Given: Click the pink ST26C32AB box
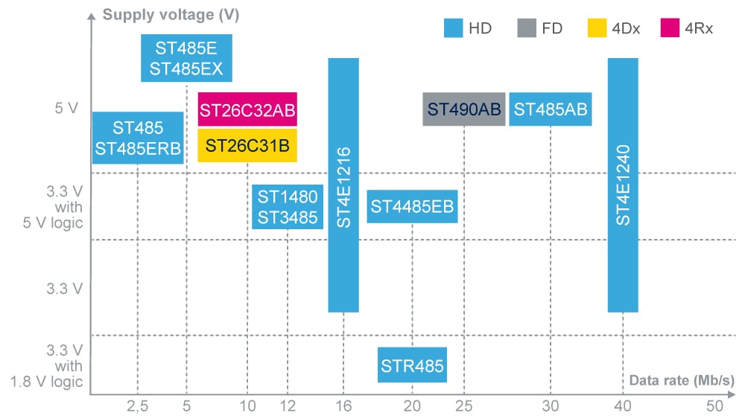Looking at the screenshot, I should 247,110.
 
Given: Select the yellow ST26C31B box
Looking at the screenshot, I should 247,145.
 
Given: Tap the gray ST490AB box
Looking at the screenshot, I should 463,109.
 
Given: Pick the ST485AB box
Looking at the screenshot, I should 551,109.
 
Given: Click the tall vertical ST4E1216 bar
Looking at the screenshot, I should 343,185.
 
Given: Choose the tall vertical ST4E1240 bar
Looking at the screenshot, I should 623,185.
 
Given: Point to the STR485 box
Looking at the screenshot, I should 412,365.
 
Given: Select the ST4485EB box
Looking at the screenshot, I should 412,206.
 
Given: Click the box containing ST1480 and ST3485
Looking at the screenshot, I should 288,207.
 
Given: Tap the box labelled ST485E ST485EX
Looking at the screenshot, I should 186,59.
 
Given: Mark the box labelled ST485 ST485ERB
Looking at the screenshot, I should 138,138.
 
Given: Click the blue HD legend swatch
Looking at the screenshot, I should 454,29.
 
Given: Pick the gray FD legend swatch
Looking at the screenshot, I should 526,29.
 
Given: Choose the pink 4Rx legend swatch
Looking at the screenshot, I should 670,29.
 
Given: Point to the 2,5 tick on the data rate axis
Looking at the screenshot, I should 138,406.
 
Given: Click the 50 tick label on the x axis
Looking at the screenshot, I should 714,406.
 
